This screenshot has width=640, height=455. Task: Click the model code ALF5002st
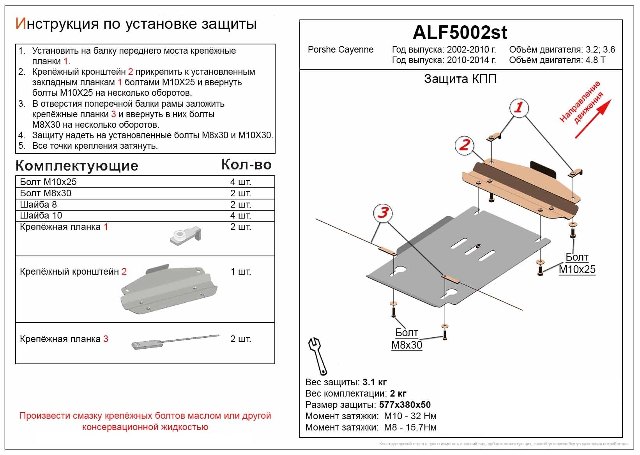pyautogui.click(x=460, y=33)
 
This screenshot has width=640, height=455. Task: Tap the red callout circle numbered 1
pyautogui.click(x=518, y=107)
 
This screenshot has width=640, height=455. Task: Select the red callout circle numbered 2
pyautogui.click(x=464, y=145)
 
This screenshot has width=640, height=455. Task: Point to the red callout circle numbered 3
pyautogui.click(x=383, y=213)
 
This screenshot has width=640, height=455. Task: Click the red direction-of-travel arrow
pyautogui.click(x=592, y=119)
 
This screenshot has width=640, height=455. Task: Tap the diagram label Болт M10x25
pyautogui.click(x=577, y=263)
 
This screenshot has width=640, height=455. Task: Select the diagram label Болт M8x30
pyautogui.click(x=407, y=339)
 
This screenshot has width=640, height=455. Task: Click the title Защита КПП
pyautogui.click(x=460, y=79)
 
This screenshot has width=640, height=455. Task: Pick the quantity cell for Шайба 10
pyautogui.click(x=240, y=215)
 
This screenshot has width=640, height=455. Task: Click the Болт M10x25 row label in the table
pyautogui.click(x=48, y=182)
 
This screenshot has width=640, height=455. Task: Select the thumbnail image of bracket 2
pyautogui.click(x=169, y=289)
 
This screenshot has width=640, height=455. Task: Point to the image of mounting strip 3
pyautogui.click(x=175, y=342)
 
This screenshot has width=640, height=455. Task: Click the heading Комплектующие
pyautogui.click(x=77, y=166)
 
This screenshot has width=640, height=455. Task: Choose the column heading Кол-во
pyautogui.click(x=246, y=165)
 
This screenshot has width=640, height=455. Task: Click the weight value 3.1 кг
pyautogui.click(x=374, y=382)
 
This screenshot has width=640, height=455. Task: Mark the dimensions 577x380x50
pyautogui.click(x=405, y=405)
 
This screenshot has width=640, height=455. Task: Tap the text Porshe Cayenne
pyautogui.click(x=340, y=50)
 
